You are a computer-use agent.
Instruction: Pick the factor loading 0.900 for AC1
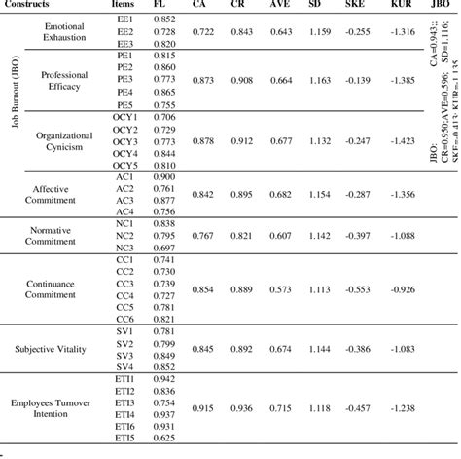(165, 176)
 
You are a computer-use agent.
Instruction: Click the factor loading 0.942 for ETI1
(165, 377)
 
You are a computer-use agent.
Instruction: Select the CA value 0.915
(203, 408)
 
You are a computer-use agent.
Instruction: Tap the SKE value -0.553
(359, 289)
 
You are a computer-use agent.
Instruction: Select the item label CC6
(124, 318)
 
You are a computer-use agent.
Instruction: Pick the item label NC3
(124, 247)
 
